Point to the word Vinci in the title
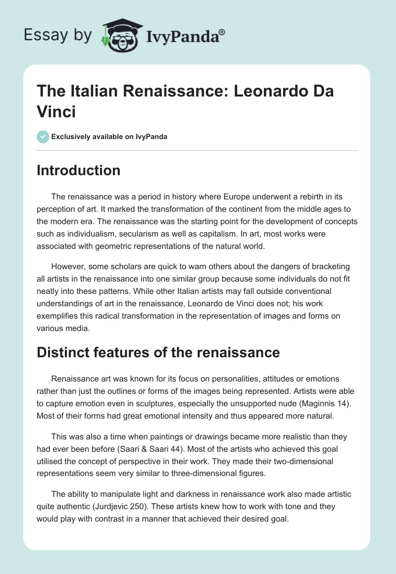[x=56, y=111]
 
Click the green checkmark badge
[x=43, y=137]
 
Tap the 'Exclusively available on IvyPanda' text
[x=110, y=137]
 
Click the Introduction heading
[x=78, y=170]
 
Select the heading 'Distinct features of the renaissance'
[x=158, y=352]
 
